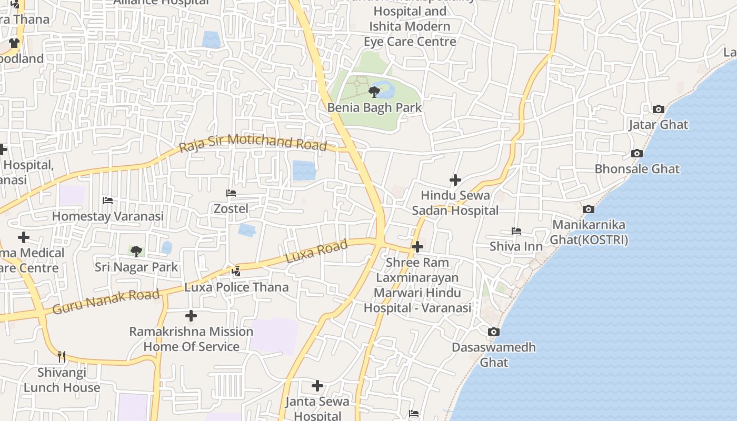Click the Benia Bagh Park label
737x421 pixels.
(x=374, y=107)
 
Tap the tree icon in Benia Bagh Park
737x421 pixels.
(x=374, y=93)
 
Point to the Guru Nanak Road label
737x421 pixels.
(x=106, y=302)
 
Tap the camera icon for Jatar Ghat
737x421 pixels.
(x=658, y=109)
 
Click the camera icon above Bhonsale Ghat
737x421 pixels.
(x=637, y=154)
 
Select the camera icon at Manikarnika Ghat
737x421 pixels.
(x=589, y=209)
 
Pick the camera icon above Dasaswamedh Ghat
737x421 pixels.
(x=493, y=332)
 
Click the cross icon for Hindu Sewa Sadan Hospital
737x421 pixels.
(x=455, y=180)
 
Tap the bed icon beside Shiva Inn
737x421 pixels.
(x=516, y=231)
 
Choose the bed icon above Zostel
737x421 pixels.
(x=231, y=193)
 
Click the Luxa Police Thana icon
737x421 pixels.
(x=236, y=272)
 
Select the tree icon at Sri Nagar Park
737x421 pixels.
(x=136, y=251)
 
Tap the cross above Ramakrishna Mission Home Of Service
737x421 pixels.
(x=191, y=316)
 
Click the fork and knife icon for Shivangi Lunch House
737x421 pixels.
(x=62, y=357)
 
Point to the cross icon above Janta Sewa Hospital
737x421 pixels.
(x=317, y=386)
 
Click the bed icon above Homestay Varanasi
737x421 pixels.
(x=108, y=201)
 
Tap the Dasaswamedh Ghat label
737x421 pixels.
(x=494, y=355)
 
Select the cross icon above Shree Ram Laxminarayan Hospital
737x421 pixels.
(x=417, y=246)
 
